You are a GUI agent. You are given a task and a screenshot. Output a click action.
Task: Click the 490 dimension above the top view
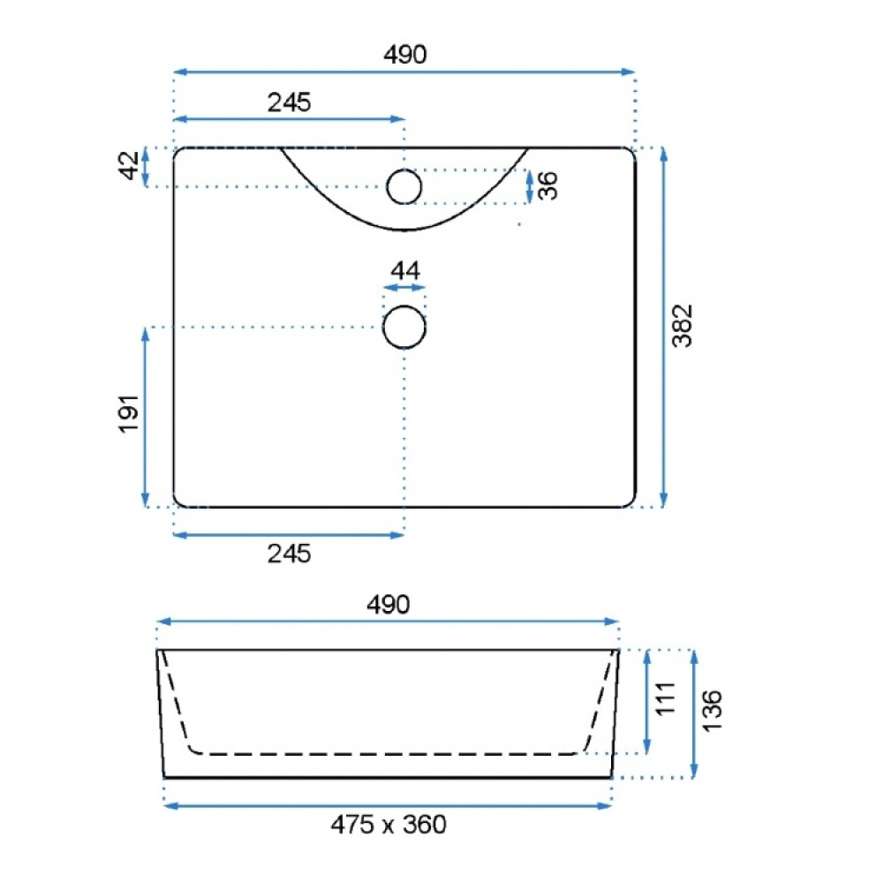405,55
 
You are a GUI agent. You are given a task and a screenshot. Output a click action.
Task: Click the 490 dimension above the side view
388,605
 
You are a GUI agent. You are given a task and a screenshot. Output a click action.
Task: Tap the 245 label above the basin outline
289,102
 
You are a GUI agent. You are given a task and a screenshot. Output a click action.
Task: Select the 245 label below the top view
289,555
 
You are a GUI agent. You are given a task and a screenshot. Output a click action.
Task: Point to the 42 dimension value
130,165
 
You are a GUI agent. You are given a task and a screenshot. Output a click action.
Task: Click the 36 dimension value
547,185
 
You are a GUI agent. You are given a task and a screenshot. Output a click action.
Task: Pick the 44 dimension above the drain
405,271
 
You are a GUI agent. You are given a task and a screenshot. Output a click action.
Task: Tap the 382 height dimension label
683,326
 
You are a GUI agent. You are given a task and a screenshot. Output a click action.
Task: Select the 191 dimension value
129,414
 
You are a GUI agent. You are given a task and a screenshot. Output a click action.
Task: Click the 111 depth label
666,698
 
